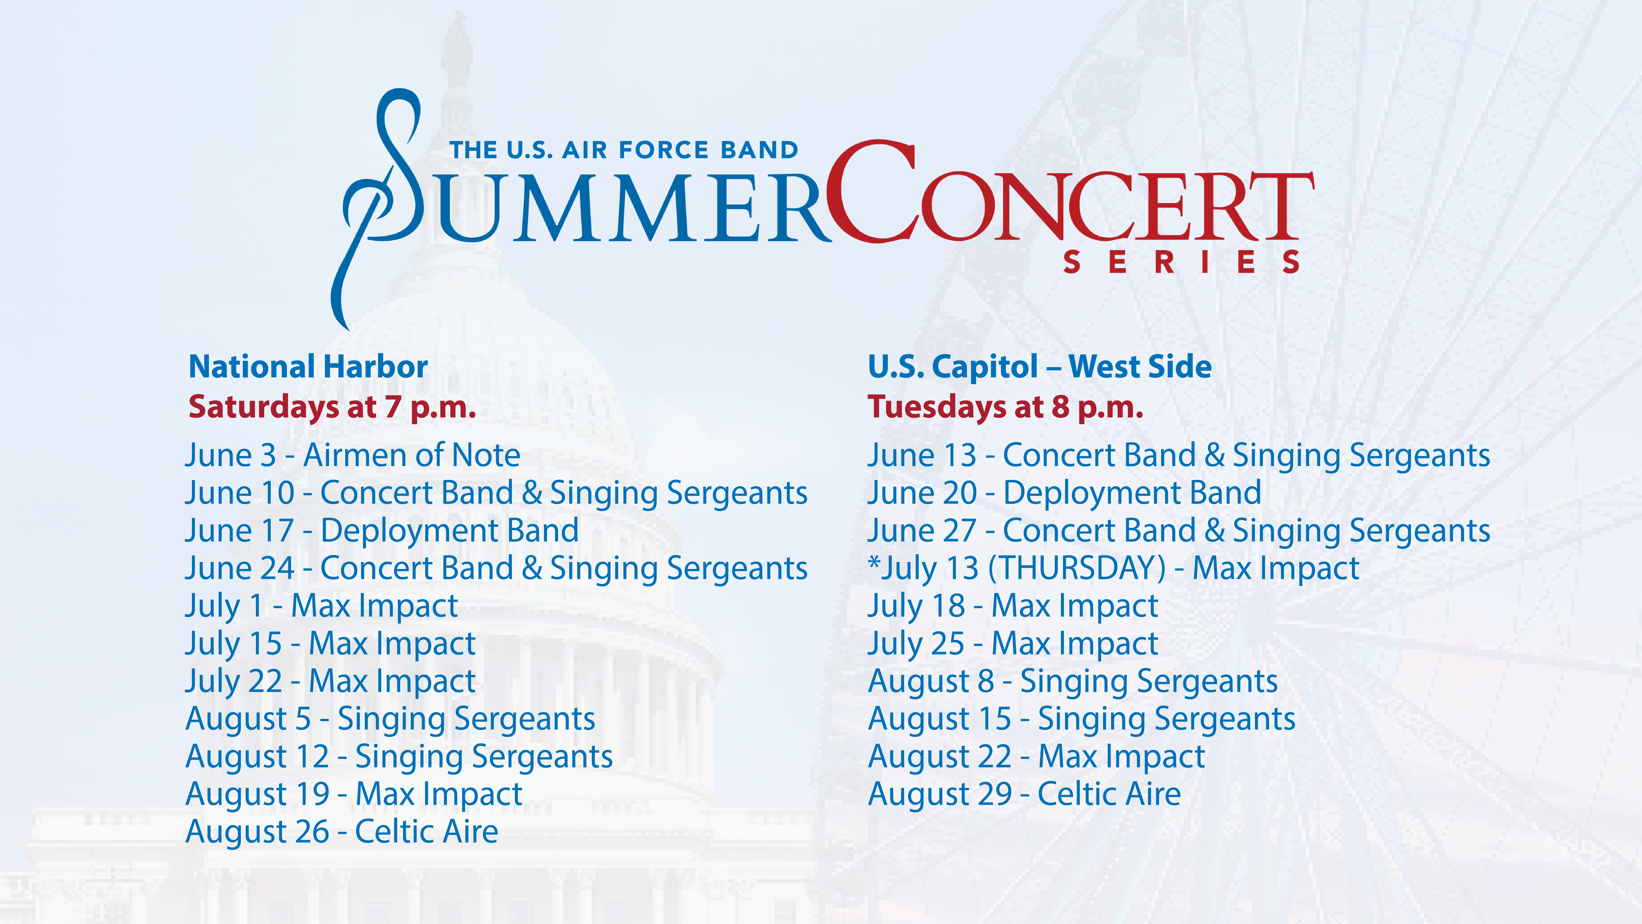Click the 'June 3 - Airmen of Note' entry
coord(352,455)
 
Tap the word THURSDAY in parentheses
coord(1077,568)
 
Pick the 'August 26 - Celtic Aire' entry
coord(342,832)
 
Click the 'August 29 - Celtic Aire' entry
coord(1024,794)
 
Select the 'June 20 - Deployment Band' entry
coord(1064,493)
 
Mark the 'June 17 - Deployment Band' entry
coord(382,531)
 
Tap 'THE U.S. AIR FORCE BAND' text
coord(624,151)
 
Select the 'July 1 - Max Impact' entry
coord(321,606)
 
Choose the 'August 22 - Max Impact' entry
coord(1037,756)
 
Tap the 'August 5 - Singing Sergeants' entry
coord(390,719)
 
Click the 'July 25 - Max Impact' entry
coord(1013,644)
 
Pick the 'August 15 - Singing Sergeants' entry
coord(1082,719)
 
